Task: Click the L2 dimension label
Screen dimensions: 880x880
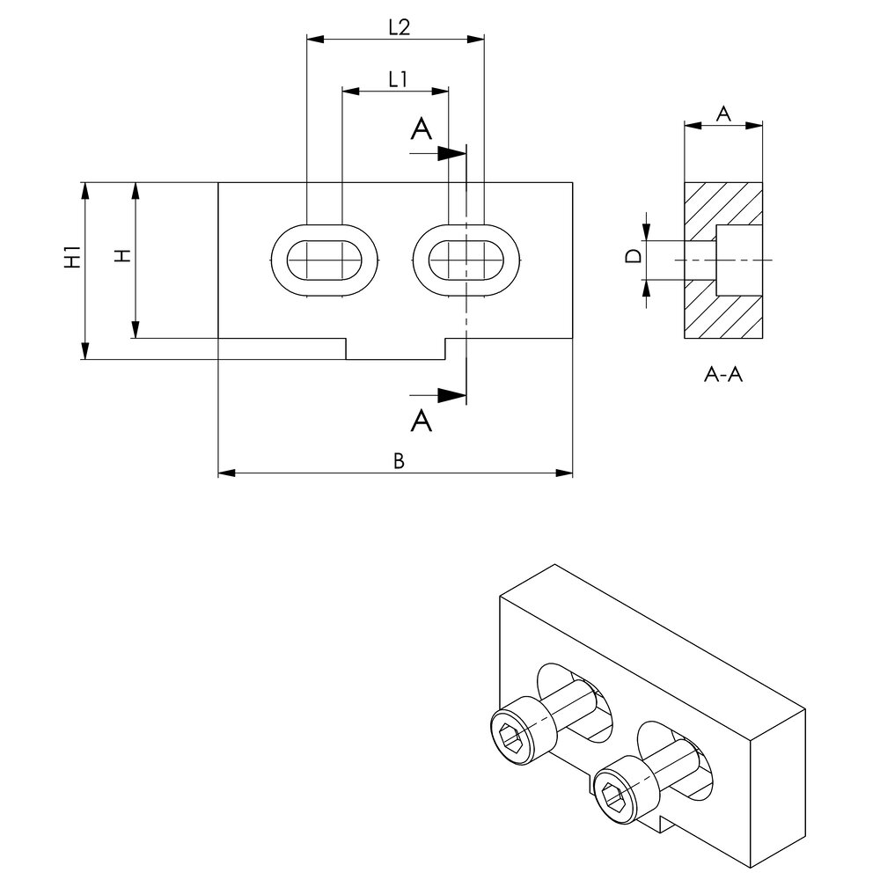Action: (399, 27)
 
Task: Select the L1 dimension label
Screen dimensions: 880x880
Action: (397, 79)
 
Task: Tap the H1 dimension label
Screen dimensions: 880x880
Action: (73, 257)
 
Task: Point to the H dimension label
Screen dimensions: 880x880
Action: (123, 255)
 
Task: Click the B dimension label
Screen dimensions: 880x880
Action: (398, 461)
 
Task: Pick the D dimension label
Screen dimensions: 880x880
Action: (632, 258)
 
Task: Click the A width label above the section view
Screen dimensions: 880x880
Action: (723, 113)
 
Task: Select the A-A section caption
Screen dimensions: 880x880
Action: (723, 376)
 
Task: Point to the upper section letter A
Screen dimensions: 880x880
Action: (422, 130)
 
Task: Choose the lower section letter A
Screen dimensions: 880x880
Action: (422, 422)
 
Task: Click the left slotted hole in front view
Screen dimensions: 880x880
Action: (325, 260)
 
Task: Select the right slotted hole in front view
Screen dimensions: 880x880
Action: (466, 260)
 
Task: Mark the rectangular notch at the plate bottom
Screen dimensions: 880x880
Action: (395, 348)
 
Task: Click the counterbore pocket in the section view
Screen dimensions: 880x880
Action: (738, 260)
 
